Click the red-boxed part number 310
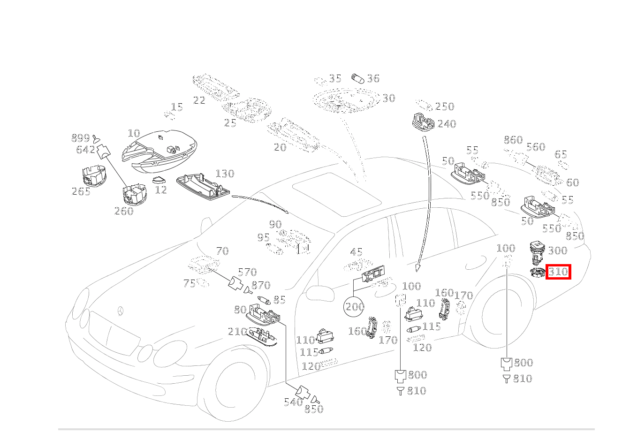558,271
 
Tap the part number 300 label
557,250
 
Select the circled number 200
355,307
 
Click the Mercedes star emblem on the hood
121,311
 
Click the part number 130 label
224,174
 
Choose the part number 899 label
80,138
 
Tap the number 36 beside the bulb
373,78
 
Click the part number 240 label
447,124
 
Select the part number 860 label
513,140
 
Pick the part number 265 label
81,191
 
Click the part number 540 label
293,402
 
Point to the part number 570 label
247,272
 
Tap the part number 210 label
237,332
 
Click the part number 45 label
357,252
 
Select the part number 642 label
85,150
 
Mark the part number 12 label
161,190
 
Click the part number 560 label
536,147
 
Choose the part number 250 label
445,106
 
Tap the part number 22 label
199,100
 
